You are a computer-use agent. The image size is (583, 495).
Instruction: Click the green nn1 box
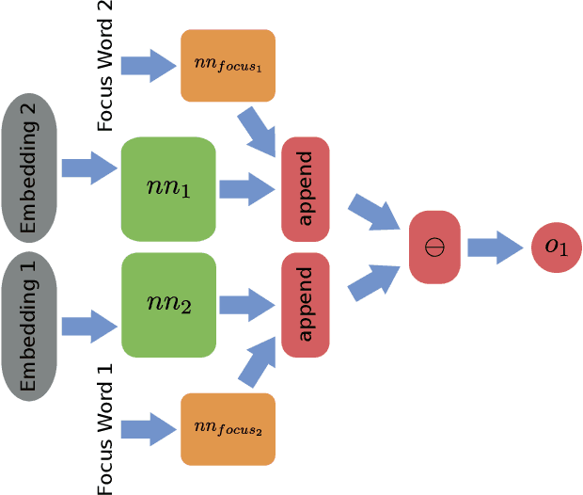[168, 188]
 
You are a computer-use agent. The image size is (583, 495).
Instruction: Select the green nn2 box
[168, 304]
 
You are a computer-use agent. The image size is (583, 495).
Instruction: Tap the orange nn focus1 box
[228, 66]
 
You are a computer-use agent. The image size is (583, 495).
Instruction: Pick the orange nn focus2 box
[228, 429]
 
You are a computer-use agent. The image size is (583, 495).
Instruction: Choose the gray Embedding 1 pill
[29, 326]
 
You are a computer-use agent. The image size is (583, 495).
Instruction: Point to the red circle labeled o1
[557, 247]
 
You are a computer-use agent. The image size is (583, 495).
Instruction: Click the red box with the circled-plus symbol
[434, 247]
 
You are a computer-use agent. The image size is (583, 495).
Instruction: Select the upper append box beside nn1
[306, 188]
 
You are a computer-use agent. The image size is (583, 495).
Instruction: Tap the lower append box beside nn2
[306, 304]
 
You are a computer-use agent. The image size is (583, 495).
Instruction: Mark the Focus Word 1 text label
[105, 428]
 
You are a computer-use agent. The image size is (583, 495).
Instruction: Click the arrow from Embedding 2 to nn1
[88, 168]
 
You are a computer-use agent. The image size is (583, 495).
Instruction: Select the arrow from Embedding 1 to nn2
[88, 327]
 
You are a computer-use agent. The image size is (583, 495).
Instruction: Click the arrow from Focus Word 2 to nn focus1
[148, 66]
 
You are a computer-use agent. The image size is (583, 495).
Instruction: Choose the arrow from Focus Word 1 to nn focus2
[148, 430]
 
